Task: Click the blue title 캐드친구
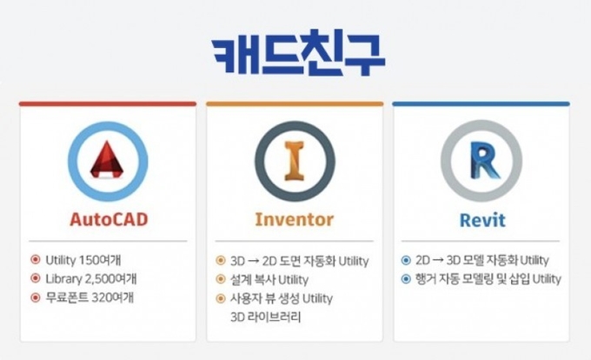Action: [x=298, y=53]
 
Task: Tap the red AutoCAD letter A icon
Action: [x=108, y=160]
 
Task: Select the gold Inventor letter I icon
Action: [x=295, y=161]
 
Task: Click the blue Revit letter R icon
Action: [x=484, y=161]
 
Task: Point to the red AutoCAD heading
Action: [x=109, y=220]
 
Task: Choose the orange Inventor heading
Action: [x=295, y=220]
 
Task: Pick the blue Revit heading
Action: [x=482, y=220]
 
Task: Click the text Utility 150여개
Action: [x=83, y=260]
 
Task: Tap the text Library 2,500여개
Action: [x=91, y=279]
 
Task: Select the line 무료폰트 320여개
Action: [x=90, y=297]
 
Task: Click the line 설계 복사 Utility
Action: [x=269, y=280]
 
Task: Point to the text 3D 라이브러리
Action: [x=266, y=317]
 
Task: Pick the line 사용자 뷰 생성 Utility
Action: [x=282, y=298]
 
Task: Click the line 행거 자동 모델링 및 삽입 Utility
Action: [x=488, y=279]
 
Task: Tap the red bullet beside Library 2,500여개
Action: [x=36, y=278]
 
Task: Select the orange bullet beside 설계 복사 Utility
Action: [x=221, y=279]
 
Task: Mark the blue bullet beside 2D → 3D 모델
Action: [x=406, y=260]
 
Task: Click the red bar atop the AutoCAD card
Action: [x=108, y=103]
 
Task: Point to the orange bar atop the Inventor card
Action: [x=295, y=103]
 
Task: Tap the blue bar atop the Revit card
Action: [x=481, y=103]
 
